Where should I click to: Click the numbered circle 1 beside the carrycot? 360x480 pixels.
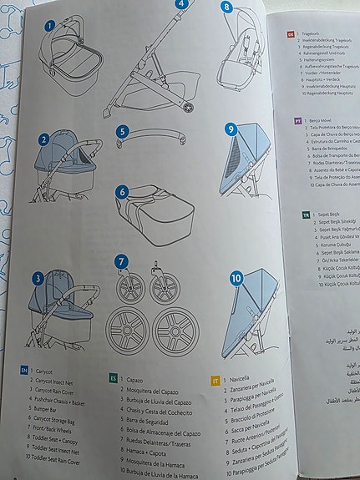click(49, 26)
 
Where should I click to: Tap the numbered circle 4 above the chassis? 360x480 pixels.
click(181, 3)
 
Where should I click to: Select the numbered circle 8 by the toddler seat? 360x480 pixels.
click(226, 7)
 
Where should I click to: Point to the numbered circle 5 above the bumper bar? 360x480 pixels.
click(123, 131)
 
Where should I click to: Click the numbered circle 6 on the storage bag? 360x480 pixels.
click(123, 191)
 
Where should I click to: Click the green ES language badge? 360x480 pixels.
click(112, 377)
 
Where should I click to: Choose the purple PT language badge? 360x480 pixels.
click(297, 120)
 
